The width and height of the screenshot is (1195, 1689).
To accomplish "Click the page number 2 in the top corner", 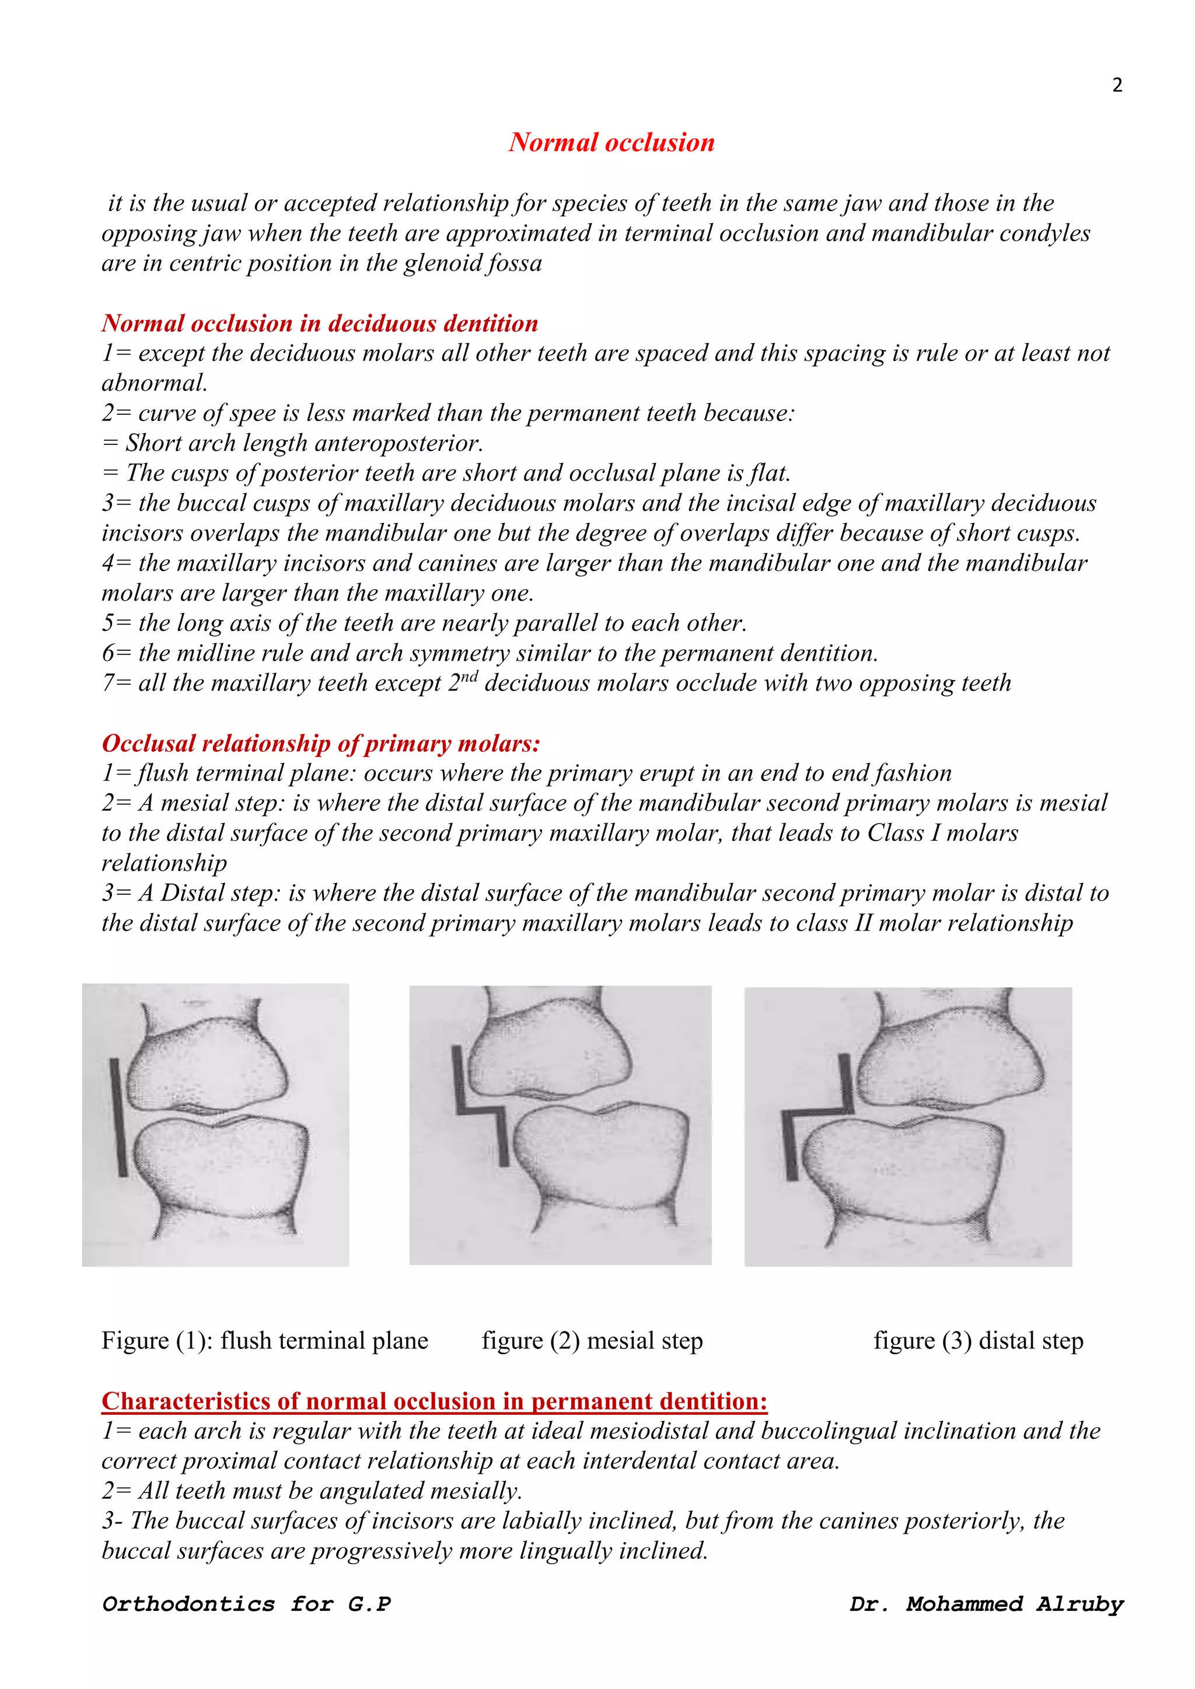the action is point(1116,85).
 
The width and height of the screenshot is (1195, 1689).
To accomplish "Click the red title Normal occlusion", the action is point(612,142).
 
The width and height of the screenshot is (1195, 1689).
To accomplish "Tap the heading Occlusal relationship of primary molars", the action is point(321,743).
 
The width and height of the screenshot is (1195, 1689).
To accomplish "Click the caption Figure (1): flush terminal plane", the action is point(264,1340).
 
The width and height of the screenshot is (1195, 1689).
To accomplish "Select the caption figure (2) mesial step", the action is point(592,1340).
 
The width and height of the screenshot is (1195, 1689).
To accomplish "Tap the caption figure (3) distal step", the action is point(978,1340).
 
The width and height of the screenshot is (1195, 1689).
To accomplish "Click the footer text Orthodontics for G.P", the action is point(246,1604).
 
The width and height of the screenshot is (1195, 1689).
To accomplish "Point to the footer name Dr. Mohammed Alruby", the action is point(986,1604).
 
